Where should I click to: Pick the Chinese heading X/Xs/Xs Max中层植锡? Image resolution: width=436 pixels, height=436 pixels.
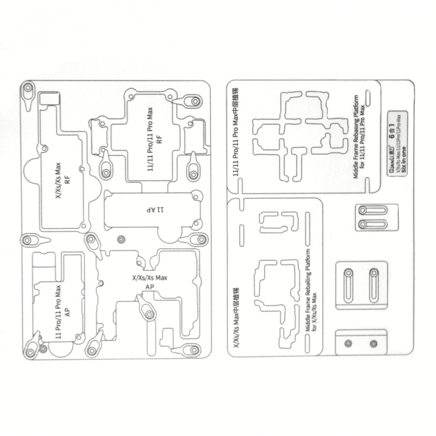(238, 319)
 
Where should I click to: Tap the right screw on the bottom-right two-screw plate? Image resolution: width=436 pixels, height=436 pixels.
(373, 343)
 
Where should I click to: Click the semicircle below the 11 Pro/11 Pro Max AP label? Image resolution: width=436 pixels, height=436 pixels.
(64, 349)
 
